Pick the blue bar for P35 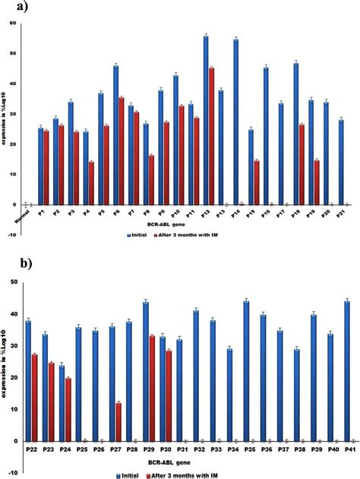(x=267, y=370)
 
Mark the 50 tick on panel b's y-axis (x=12, y=282)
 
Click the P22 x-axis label (x=32, y=450)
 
